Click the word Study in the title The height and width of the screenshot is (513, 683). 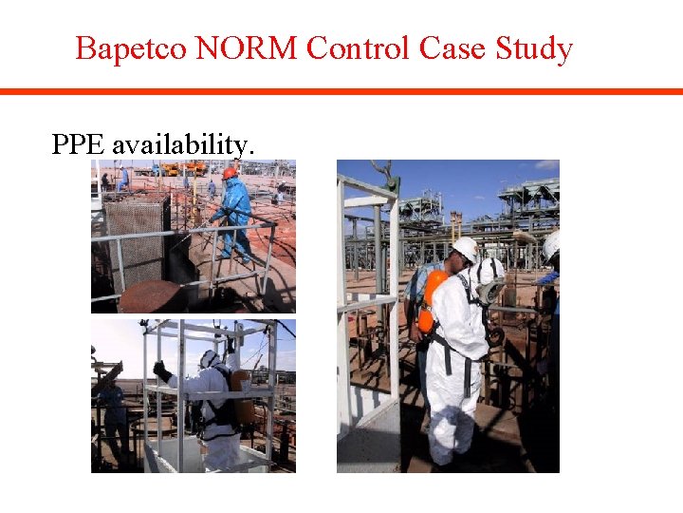[538, 48]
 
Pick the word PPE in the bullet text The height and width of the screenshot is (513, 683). [79, 144]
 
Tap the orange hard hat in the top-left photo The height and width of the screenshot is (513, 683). [230, 173]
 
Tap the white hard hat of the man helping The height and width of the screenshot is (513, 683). [466, 249]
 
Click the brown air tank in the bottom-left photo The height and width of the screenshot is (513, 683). [243, 397]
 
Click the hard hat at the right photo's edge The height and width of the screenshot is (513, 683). [551, 246]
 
